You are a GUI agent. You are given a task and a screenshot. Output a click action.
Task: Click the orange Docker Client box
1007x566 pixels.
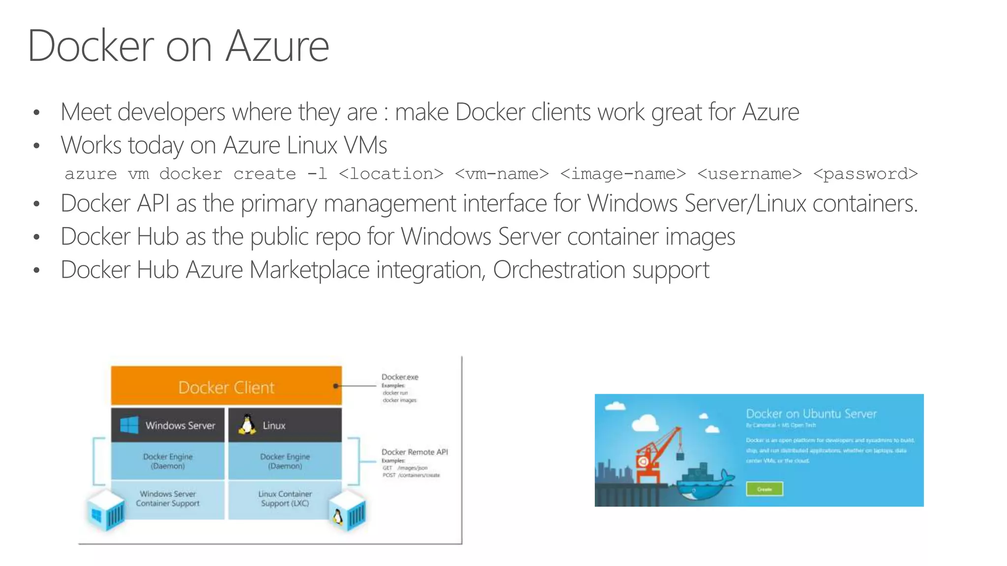coord(226,387)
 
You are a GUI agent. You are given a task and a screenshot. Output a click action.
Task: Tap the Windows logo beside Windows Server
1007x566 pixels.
coord(129,425)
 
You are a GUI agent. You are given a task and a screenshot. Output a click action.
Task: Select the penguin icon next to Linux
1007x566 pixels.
coord(247,424)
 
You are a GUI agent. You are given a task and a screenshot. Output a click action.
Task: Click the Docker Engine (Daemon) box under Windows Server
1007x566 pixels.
coord(168,461)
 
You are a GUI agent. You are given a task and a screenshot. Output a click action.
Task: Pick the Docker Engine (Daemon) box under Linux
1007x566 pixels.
coord(285,461)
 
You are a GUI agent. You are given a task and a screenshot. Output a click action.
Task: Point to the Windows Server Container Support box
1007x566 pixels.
coord(168,498)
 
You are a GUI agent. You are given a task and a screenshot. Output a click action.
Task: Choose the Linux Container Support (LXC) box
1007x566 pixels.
coord(285,498)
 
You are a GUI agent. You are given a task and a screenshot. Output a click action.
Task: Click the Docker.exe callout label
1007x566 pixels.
coord(400,377)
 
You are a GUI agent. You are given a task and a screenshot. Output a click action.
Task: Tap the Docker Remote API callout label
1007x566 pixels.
coord(415,452)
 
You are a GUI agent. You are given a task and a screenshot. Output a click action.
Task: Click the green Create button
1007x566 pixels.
coord(764,489)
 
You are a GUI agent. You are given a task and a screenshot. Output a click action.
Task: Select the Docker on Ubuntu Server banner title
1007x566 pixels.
coord(811,414)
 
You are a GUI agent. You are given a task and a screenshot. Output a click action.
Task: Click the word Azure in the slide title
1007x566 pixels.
coord(277,46)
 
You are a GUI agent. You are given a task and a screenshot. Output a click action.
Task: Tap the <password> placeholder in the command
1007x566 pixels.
coord(865,174)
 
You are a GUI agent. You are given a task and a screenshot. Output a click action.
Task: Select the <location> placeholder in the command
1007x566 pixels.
coord(391,174)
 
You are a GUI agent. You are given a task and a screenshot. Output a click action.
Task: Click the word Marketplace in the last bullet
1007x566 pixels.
coord(309,270)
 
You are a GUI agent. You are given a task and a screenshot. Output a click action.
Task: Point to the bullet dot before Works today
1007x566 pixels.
coord(36,145)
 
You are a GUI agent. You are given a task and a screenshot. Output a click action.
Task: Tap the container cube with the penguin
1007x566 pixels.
coord(348,512)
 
